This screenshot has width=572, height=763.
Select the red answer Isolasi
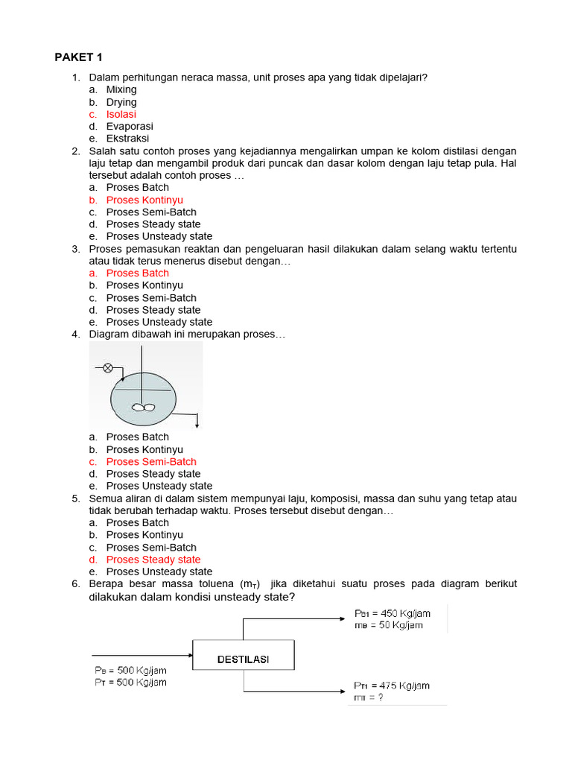tap(121, 114)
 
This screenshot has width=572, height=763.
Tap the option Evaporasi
tap(130, 127)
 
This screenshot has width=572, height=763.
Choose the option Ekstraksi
tap(127, 139)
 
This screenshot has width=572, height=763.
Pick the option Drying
tap(121, 102)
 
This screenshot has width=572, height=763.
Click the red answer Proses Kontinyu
tap(144, 200)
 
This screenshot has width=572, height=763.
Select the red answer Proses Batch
tap(138, 273)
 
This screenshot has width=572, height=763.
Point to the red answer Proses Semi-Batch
tap(151, 461)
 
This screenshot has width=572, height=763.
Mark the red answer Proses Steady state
tap(153, 559)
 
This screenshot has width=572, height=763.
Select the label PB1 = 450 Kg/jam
tap(392, 613)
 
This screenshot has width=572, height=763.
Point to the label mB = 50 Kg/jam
tap(388, 625)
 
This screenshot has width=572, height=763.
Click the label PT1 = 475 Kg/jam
tap(391, 686)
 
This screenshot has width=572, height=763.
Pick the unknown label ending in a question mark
tap(369, 697)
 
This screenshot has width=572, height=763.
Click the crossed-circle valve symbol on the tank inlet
tap(108, 367)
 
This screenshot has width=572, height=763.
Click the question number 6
tap(76, 583)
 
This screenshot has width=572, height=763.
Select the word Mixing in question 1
tap(121, 89)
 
